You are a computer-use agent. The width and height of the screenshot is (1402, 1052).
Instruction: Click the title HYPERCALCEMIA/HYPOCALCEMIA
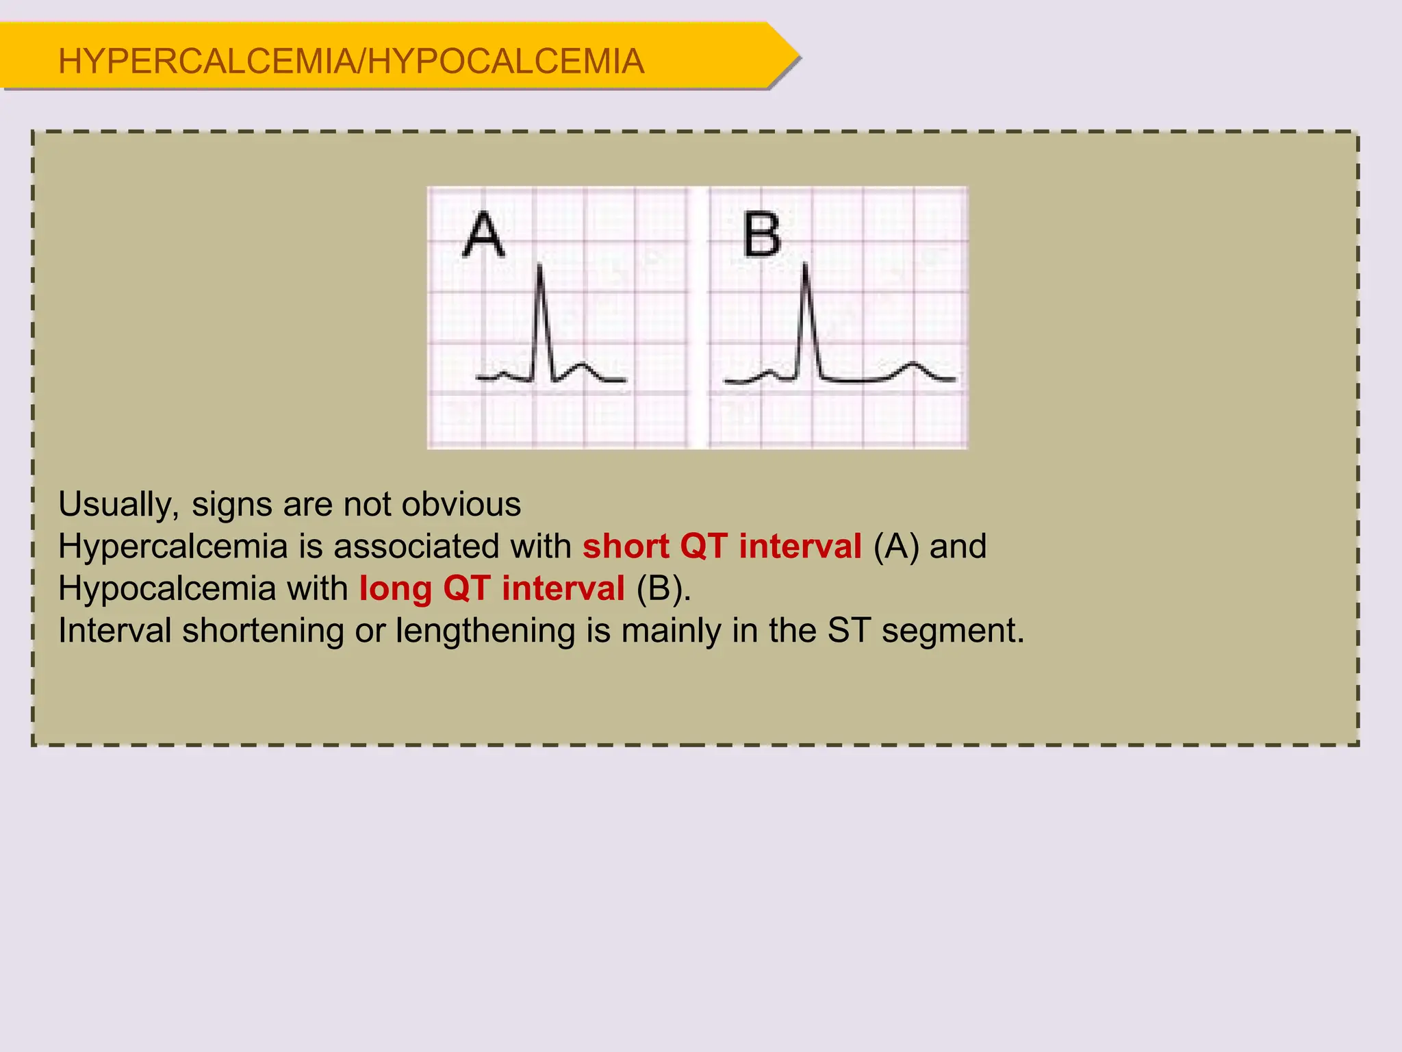351,61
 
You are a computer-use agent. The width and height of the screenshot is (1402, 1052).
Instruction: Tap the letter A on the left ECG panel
484,234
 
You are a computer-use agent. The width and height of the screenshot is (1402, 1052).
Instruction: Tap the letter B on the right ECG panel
762,234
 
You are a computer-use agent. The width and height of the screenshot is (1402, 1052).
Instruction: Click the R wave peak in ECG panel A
540,266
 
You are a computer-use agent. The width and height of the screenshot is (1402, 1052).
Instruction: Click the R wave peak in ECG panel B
805,264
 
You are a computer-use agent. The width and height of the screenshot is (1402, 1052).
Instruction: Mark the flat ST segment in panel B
856,379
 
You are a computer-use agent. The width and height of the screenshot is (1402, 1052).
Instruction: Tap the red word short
626,547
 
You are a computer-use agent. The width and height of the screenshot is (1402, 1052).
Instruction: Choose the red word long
396,589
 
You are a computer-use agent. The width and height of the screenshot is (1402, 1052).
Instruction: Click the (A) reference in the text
896,547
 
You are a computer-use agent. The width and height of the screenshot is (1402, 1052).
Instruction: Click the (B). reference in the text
663,589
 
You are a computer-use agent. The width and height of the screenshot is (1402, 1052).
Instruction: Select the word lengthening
485,631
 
